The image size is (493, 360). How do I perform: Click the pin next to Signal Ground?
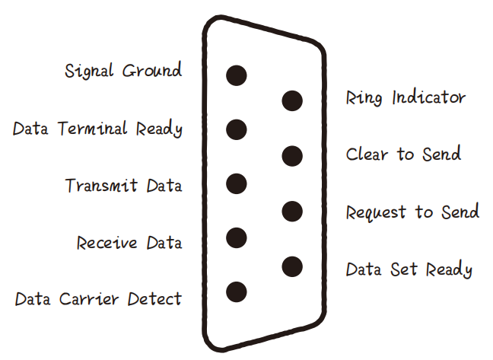click(x=237, y=75)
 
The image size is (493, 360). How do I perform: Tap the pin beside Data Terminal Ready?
click(x=237, y=129)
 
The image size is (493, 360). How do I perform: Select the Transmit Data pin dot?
click(x=237, y=183)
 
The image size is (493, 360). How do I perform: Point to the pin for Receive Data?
click(x=237, y=238)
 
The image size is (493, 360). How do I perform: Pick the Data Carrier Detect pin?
click(x=237, y=292)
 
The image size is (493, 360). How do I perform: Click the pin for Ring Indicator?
click(x=292, y=100)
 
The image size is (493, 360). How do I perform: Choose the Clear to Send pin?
click(x=292, y=156)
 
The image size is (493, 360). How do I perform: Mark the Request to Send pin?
click(x=292, y=211)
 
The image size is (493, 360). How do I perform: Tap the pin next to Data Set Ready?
click(x=292, y=266)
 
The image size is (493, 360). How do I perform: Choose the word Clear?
click(x=369, y=154)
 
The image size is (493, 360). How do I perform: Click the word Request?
click(x=376, y=212)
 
